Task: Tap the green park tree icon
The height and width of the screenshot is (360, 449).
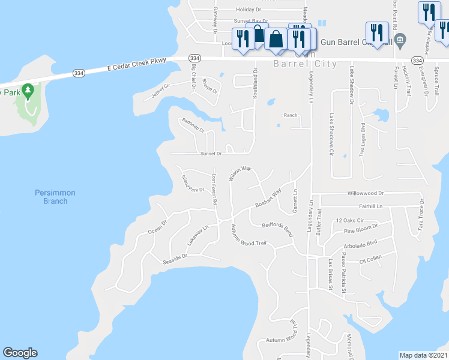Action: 27,91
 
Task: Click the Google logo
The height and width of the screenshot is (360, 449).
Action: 20,353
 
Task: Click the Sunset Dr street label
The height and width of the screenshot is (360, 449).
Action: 211,154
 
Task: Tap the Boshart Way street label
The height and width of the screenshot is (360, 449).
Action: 268,199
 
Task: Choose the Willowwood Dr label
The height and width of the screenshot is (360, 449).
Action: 365,194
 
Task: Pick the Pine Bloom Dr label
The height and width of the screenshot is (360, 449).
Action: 361,229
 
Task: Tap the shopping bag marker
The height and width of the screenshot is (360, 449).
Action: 276,40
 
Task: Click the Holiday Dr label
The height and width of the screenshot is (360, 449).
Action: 249,10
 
